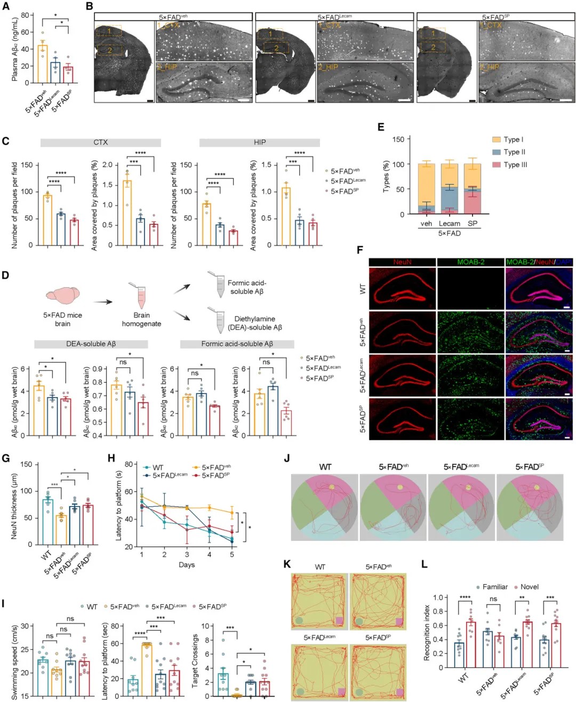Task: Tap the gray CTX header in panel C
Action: click(100, 143)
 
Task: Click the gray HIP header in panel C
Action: click(260, 143)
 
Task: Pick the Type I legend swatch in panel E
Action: click(496, 139)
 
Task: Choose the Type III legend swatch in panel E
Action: click(496, 164)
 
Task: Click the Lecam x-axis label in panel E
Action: click(449, 224)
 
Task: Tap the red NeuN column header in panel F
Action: click(402, 262)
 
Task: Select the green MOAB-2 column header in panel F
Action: click(470, 262)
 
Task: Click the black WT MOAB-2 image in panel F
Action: click(470, 288)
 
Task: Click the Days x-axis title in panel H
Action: click(187, 565)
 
